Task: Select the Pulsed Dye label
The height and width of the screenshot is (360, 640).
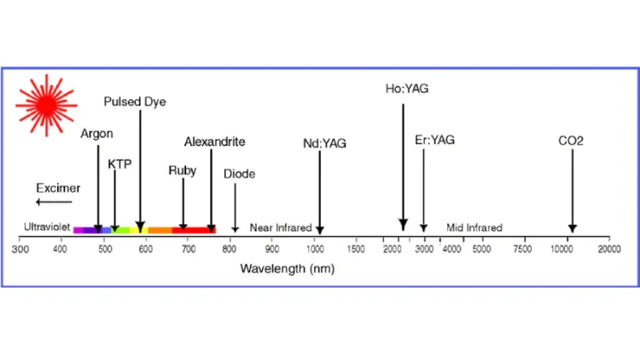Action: (135, 102)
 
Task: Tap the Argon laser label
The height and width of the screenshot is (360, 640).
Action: (96, 134)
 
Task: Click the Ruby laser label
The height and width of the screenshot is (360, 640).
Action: (183, 171)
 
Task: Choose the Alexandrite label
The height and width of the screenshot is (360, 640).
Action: (215, 142)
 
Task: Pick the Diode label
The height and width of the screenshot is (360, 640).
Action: (239, 174)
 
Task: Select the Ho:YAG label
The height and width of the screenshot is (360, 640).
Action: (405, 88)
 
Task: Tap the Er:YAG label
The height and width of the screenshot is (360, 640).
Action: (434, 140)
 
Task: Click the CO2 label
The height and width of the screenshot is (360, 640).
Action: (571, 140)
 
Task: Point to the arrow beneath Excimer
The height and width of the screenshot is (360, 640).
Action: (54, 202)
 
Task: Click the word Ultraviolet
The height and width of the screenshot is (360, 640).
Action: (46, 228)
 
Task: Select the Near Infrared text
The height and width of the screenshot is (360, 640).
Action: (281, 228)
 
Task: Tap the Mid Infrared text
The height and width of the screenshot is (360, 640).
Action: (474, 228)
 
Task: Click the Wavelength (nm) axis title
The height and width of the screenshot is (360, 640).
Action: (287, 268)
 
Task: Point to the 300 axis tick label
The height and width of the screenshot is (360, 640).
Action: (20, 249)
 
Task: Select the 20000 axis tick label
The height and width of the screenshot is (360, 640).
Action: (608, 249)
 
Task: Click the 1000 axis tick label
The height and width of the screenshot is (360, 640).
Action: (315, 249)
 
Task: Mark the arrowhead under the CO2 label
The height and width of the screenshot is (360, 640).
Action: (572, 227)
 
